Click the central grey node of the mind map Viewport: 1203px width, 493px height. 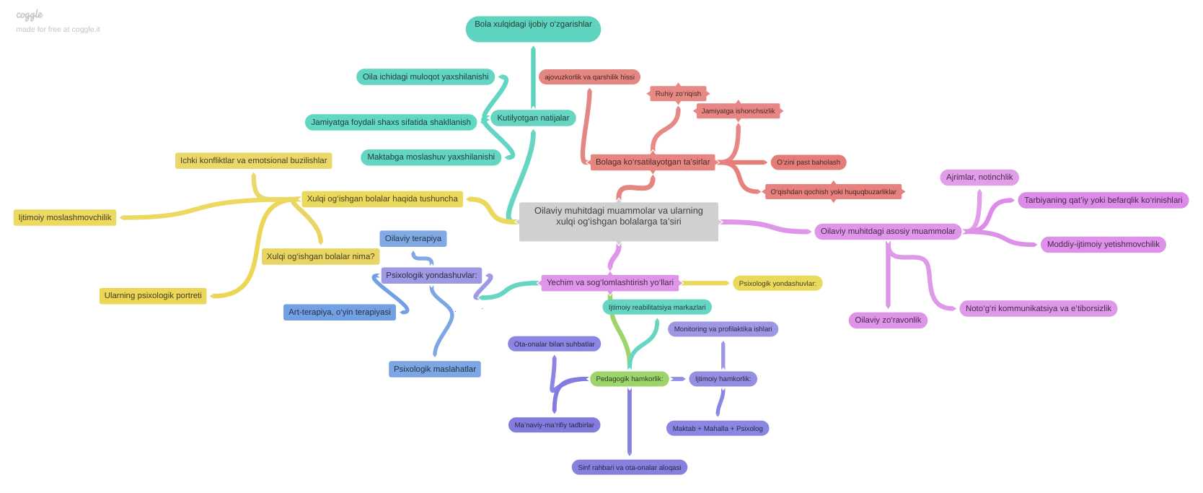point(619,221)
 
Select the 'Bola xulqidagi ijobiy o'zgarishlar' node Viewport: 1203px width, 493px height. point(533,28)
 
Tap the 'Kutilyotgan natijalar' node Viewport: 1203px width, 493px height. point(533,118)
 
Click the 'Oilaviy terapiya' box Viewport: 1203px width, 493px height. point(413,238)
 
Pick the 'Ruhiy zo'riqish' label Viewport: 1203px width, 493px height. point(678,94)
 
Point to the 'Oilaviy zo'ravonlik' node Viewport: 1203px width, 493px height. point(888,320)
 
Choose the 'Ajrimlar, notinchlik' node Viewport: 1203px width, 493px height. point(979,177)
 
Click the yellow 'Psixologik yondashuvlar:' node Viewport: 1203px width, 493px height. point(777,284)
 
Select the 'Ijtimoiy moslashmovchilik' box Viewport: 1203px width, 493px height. point(65,217)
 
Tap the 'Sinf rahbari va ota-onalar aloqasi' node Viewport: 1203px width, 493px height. point(630,467)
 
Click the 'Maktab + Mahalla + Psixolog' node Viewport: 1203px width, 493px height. point(718,429)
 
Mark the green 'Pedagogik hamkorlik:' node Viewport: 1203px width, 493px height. point(630,378)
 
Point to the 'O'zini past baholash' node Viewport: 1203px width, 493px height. point(808,162)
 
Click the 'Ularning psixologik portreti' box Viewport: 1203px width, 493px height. point(153,296)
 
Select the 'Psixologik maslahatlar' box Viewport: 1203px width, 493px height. point(434,369)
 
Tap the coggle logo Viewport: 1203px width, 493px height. point(30,15)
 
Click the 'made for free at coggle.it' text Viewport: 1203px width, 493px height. point(58,29)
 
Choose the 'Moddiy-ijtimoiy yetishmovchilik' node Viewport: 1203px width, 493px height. point(1103,244)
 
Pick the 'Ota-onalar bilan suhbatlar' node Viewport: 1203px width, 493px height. point(554,344)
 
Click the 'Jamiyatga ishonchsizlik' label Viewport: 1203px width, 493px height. point(738,110)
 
